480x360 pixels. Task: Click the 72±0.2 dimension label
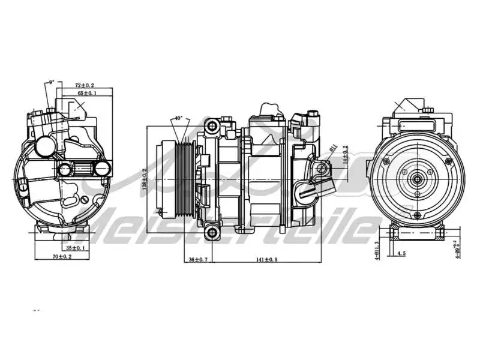(84, 85)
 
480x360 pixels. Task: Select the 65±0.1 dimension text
(86, 94)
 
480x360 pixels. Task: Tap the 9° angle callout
(52, 81)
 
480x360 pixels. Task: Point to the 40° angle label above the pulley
(178, 118)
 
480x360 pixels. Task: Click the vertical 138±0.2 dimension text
(145, 179)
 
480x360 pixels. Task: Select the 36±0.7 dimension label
(199, 259)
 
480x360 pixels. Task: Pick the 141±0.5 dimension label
(263, 259)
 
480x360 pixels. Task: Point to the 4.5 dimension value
(401, 254)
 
